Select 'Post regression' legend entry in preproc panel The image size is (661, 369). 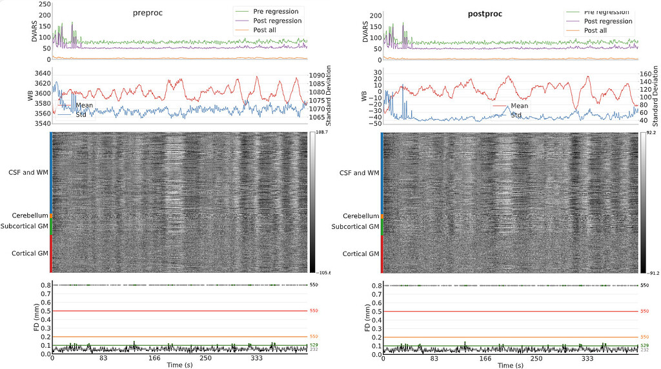click(x=278, y=21)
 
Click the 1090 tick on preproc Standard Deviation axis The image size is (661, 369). click(x=321, y=75)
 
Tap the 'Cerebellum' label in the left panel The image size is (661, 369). click(x=29, y=215)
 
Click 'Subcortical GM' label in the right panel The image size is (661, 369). click(x=355, y=226)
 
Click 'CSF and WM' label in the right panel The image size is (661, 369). click(x=360, y=172)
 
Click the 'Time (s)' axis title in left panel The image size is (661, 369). click(x=180, y=365)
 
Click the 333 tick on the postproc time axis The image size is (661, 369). click(x=587, y=358)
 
